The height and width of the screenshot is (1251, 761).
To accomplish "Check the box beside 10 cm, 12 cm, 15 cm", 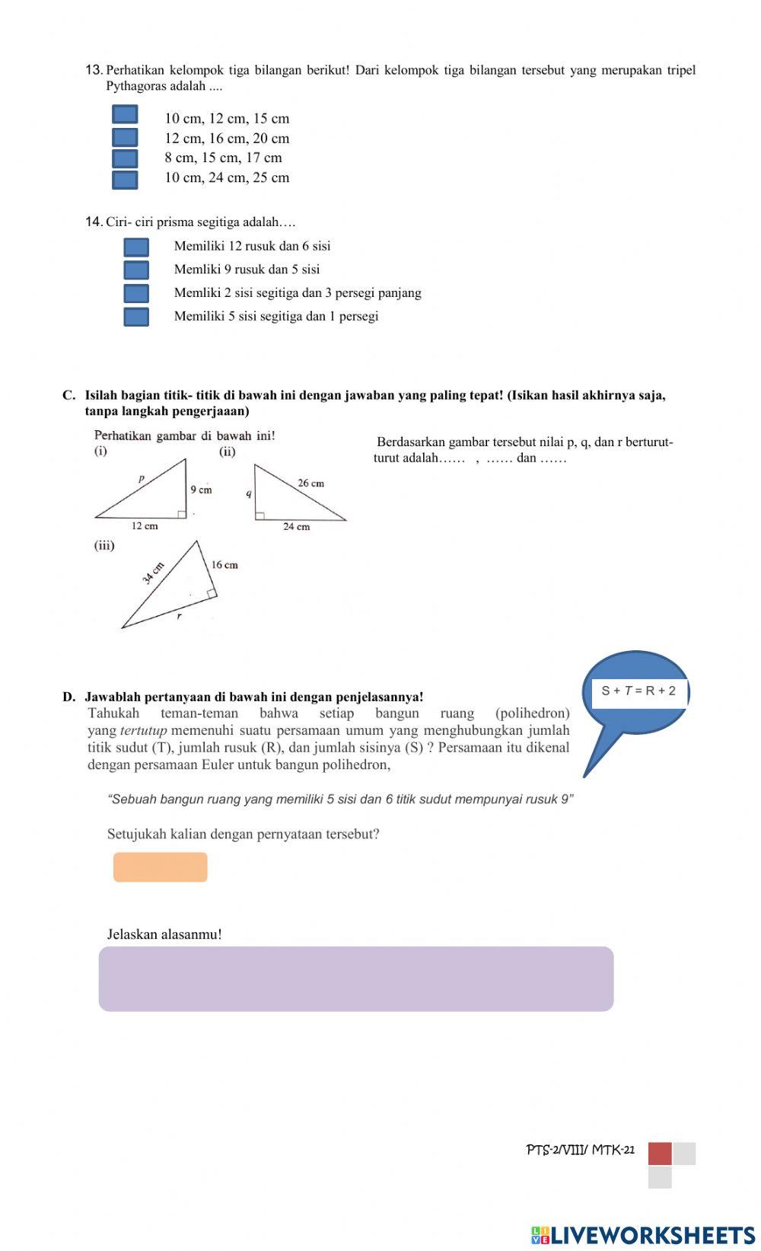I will click(125, 115).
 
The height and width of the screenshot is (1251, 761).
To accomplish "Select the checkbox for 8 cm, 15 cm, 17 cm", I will click(125, 158).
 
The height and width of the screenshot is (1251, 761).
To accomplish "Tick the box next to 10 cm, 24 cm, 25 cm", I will click(125, 180).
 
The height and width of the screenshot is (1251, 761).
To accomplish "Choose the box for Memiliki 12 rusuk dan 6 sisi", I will click(136, 247).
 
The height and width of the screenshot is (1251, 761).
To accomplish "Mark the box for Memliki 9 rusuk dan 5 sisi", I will click(136, 270).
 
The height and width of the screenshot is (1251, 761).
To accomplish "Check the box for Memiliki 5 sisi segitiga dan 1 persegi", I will click(136, 317).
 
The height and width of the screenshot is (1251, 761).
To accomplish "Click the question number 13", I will click(94, 71).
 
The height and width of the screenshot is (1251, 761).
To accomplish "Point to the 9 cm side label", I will click(201, 490).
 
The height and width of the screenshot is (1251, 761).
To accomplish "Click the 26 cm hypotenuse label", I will click(310, 483).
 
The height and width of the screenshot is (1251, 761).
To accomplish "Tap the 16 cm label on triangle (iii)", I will click(224, 565).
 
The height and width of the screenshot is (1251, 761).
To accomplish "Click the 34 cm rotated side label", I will click(154, 573).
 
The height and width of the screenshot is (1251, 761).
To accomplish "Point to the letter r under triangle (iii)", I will click(180, 617).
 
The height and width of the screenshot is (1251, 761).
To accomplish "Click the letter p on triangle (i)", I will click(141, 480).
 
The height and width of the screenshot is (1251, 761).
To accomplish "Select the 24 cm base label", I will click(297, 527).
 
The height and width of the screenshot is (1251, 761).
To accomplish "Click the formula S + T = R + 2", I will click(638, 691).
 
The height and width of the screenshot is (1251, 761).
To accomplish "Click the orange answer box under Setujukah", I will click(161, 867).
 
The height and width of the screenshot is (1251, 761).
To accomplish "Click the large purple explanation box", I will click(355, 978).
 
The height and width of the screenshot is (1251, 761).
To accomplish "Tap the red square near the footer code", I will click(660, 1154).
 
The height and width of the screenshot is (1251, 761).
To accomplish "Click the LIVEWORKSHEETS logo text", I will click(652, 1235).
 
